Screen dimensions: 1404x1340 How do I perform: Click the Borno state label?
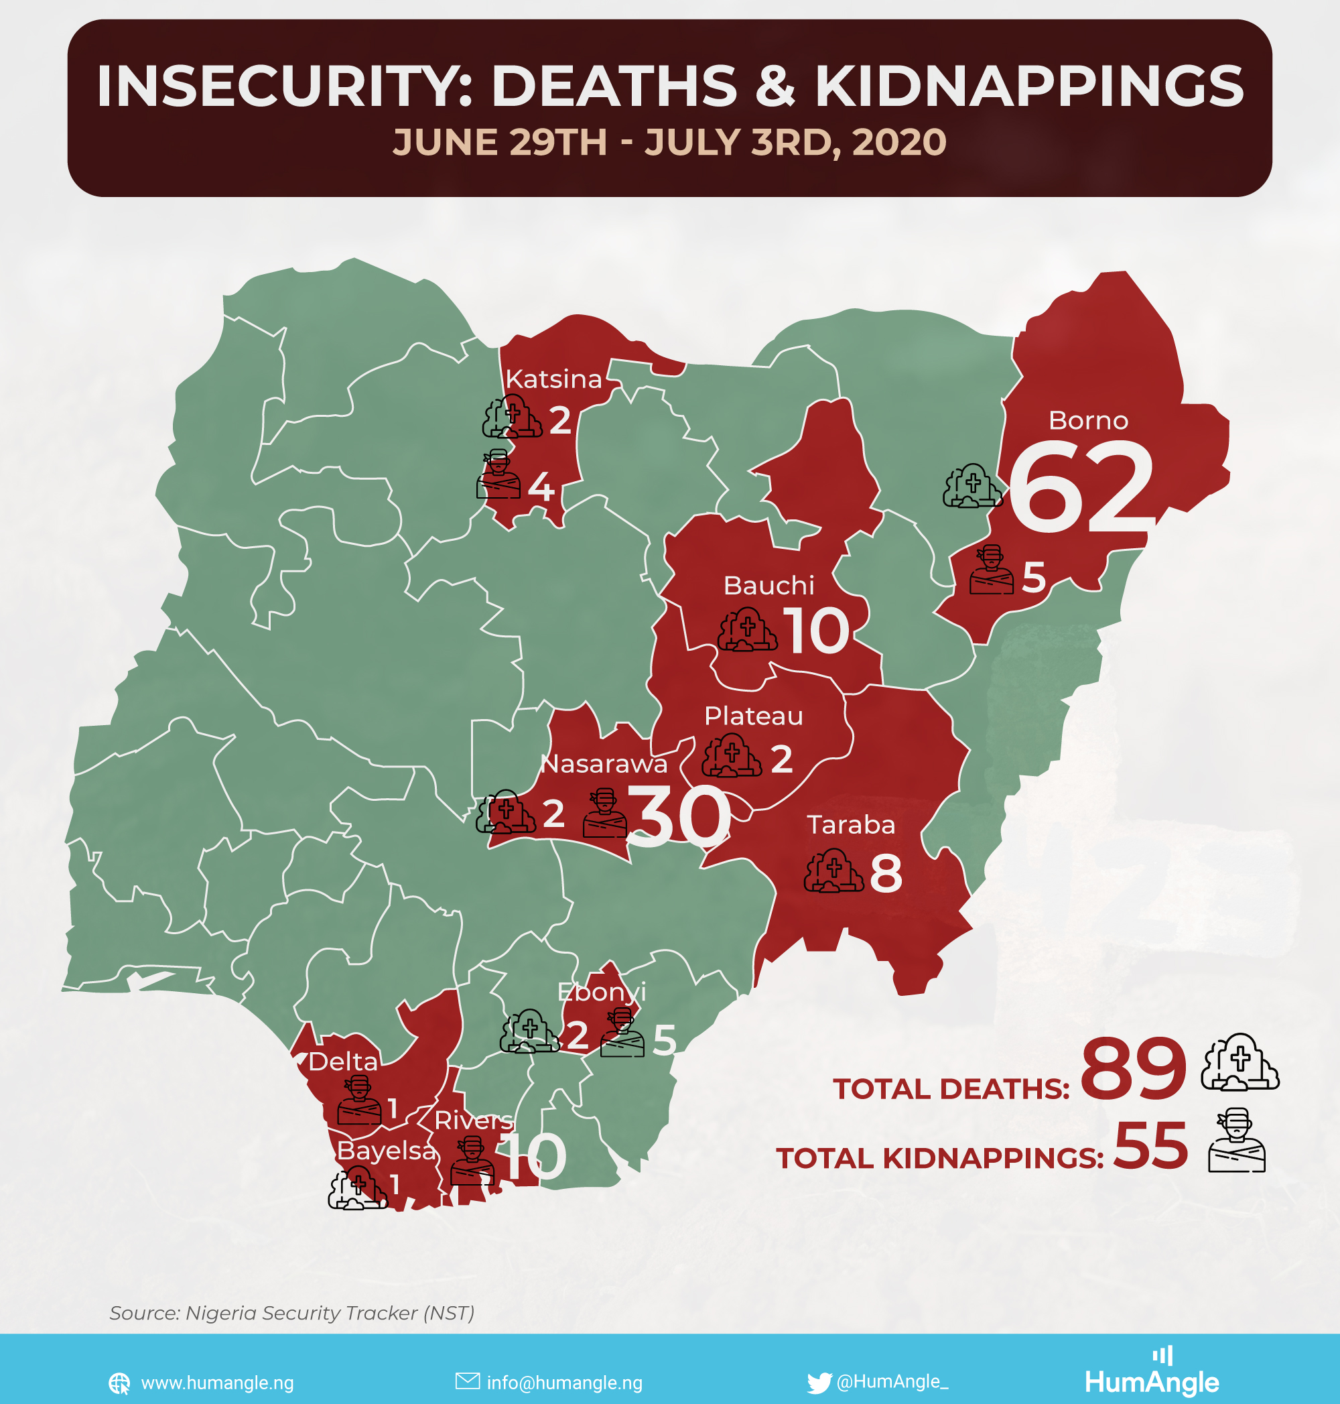click(1088, 421)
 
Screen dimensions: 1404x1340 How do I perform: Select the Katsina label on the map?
click(553, 379)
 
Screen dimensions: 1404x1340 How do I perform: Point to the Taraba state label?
click(851, 825)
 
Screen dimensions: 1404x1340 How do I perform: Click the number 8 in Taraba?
click(886, 874)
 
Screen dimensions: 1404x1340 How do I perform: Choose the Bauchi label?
click(768, 586)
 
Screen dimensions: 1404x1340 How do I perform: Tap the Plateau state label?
click(754, 716)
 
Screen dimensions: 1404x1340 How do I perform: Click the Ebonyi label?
click(602, 992)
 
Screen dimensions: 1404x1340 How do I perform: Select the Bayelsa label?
click(386, 1151)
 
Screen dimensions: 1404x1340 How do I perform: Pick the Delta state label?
click(343, 1062)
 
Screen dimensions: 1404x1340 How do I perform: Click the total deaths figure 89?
click(1133, 1070)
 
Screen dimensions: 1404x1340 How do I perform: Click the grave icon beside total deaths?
click(1239, 1062)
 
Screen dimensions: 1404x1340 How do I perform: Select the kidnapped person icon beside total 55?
click(1236, 1141)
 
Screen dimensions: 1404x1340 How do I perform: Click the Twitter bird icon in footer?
click(819, 1383)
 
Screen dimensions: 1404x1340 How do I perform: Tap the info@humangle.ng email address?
click(564, 1383)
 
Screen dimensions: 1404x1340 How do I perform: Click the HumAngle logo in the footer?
click(1152, 1374)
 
